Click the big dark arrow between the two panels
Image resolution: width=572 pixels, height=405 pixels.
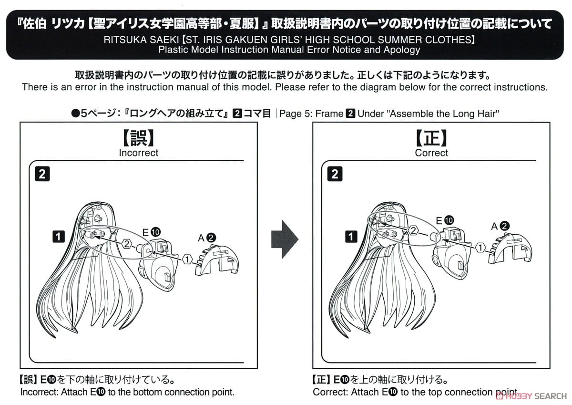click(x=285, y=239)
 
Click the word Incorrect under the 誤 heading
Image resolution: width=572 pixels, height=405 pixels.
click(x=138, y=153)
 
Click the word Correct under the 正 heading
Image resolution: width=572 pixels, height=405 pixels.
click(x=431, y=153)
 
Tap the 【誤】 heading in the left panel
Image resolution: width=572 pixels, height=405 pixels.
click(x=138, y=138)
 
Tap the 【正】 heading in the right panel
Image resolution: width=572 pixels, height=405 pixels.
click(x=431, y=138)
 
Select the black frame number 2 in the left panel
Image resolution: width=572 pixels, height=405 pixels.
click(x=42, y=174)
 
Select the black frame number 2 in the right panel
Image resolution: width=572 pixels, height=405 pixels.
click(x=335, y=174)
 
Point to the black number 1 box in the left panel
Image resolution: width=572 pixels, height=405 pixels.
click(x=59, y=236)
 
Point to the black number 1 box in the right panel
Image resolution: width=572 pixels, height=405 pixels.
click(x=351, y=236)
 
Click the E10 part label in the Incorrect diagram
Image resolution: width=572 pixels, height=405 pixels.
click(x=151, y=232)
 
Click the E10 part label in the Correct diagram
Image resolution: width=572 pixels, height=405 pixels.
click(x=445, y=220)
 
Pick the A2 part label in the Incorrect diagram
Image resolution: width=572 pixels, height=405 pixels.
click(x=207, y=238)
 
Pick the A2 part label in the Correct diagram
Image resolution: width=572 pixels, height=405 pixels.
click(x=500, y=226)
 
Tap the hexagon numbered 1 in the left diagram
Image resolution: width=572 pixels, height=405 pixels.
click(x=187, y=260)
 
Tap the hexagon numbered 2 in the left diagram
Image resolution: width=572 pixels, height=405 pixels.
click(x=127, y=244)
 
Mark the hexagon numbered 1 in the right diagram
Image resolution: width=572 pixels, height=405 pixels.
click(x=480, y=248)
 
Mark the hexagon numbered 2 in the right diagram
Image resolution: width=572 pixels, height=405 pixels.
click(x=413, y=231)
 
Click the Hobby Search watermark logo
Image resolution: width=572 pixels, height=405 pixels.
click(x=531, y=396)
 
